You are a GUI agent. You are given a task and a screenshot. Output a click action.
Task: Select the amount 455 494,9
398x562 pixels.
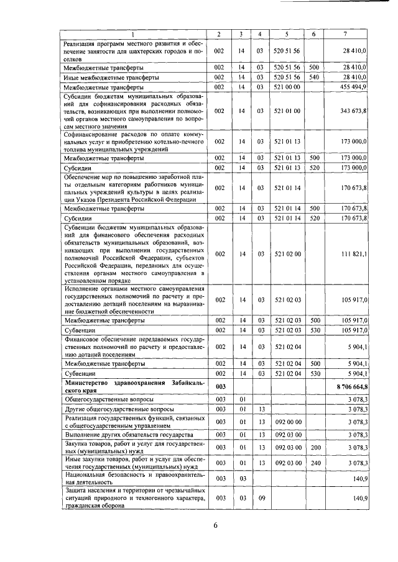[354, 87]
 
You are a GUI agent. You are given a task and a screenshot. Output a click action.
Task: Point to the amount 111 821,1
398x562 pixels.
[354, 254]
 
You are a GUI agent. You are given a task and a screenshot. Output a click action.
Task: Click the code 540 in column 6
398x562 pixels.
[314, 77]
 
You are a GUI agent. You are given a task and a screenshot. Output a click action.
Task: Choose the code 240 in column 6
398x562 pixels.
[314, 463]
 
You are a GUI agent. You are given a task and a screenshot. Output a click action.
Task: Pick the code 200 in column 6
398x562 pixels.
[314, 447]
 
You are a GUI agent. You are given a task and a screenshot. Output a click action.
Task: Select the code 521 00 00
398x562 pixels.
[287, 87]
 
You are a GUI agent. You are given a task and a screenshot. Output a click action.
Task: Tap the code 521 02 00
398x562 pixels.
[287, 254]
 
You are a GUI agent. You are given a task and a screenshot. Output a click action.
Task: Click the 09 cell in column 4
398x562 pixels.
[261, 498]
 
